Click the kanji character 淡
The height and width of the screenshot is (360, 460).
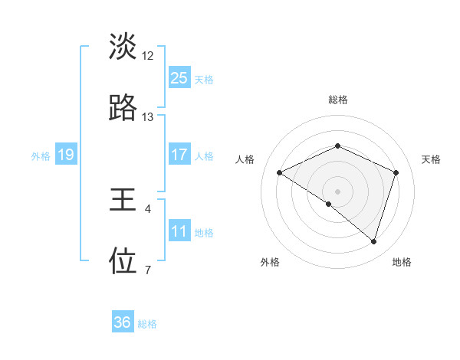(x=123, y=47)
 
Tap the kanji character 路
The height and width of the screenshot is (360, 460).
(x=123, y=109)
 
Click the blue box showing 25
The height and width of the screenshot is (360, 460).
(x=179, y=77)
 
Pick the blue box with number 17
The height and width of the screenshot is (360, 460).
(x=179, y=155)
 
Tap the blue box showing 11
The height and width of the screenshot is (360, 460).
(x=179, y=231)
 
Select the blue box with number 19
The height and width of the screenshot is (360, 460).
(x=66, y=155)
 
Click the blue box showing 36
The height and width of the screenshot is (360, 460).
(x=123, y=322)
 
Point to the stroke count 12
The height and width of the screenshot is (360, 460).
(x=148, y=56)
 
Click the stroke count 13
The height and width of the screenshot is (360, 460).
(x=148, y=117)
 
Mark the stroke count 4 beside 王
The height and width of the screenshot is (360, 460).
(x=148, y=208)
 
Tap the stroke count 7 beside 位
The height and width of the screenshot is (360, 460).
(x=148, y=270)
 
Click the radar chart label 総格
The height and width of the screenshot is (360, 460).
(x=338, y=100)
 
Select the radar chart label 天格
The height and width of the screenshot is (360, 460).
(x=431, y=159)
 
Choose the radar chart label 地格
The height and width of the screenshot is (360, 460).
(x=402, y=262)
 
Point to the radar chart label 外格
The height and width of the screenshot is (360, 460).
(x=270, y=262)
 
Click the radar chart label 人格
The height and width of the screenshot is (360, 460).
(x=245, y=159)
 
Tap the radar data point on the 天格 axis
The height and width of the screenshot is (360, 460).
(x=396, y=173)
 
